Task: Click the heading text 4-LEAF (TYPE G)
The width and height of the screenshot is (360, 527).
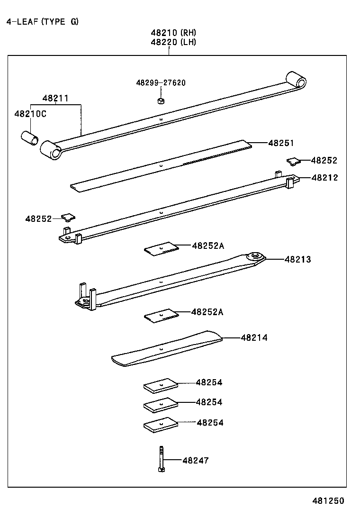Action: (x=43, y=22)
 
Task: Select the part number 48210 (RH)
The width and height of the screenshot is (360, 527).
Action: (x=173, y=33)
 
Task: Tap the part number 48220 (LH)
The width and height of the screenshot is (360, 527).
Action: (x=173, y=42)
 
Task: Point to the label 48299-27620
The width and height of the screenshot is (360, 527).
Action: (x=161, y=83)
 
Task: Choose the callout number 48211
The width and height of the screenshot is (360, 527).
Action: (x=55, y=98)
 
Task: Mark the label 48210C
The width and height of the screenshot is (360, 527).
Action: (x=30, y=114)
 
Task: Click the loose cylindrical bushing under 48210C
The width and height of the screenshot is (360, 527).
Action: (x=30, y=139)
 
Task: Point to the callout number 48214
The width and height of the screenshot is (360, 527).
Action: (x=254, y=338)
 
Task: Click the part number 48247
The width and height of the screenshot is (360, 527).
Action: (x=195, y=460)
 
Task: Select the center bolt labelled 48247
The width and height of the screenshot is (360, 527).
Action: (x=161, y=459)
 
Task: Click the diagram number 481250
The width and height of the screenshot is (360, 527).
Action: (x=327, y=501)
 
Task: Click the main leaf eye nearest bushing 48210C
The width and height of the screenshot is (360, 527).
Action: (x=51, y=150)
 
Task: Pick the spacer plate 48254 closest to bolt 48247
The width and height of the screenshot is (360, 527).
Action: (x=161, y=425)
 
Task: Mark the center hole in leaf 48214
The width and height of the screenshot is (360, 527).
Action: (x=161, y=349)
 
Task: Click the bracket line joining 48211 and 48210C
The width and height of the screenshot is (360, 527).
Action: (x=55, y=104)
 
